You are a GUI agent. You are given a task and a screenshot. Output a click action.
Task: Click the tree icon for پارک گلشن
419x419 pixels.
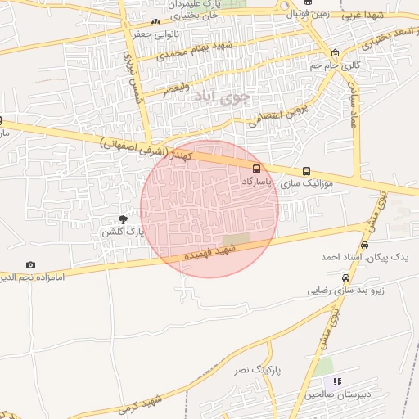[x=123, y=219]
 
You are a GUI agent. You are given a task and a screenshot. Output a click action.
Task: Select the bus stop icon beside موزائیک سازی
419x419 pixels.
[x=306, y=172]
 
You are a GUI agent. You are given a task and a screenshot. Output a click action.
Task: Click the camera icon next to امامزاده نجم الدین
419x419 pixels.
[x=31, y=265]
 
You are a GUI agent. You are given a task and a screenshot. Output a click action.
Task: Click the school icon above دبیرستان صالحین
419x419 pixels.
[x=335, y=381]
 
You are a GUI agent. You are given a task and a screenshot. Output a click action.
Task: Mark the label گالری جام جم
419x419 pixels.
[x=337, y=64]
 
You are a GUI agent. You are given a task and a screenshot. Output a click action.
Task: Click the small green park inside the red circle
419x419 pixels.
[x=236, y=240]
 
